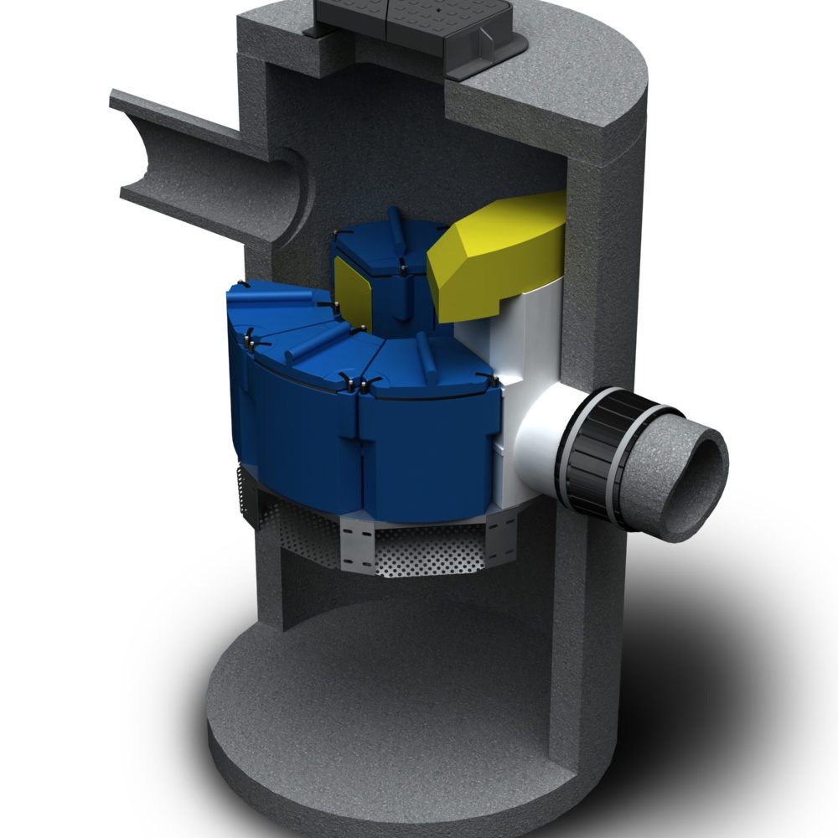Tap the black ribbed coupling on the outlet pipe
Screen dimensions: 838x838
(x=612, y=457)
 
